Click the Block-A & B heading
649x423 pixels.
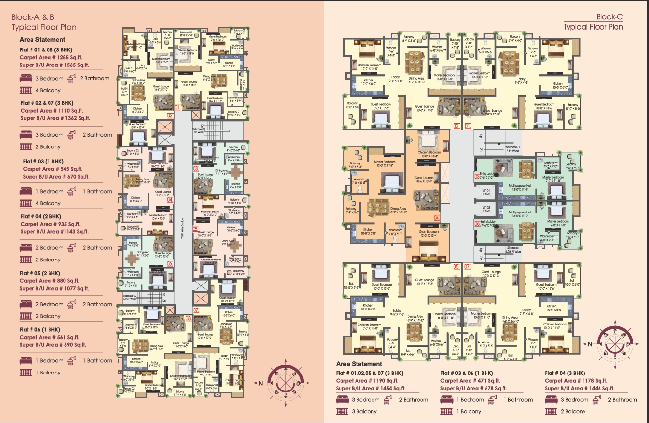33,17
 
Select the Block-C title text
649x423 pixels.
609,17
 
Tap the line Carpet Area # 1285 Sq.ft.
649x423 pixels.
55,57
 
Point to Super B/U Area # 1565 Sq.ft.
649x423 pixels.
54,65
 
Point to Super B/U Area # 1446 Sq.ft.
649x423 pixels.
580,388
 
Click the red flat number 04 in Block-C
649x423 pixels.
437,218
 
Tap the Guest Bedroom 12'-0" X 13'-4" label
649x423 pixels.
429,234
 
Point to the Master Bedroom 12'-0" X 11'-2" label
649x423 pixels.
385,163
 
